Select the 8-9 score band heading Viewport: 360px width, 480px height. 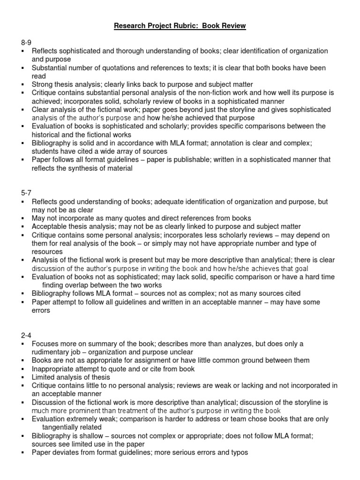click(x=27, y=43)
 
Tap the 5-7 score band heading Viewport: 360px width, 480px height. click(x=27, y=193)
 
